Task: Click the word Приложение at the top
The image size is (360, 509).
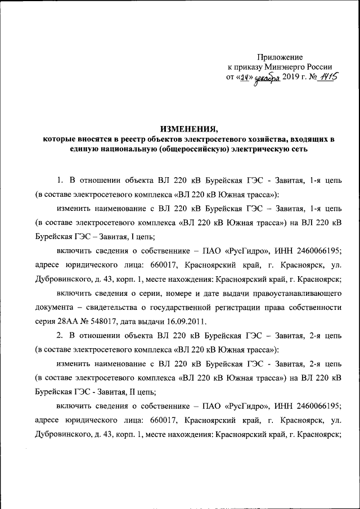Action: pyautogui.click(x=280, y=57)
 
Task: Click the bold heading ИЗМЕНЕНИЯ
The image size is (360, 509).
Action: pyautogui.click(x=184, y=129)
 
